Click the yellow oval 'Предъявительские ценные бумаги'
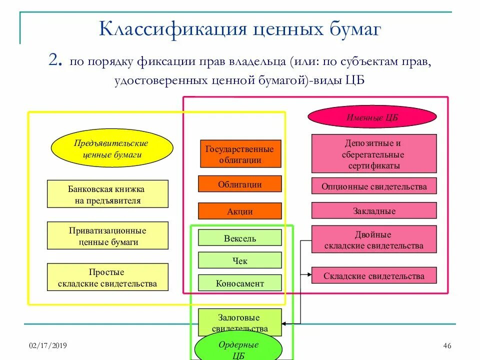pyautogui.click(x=112, y=149)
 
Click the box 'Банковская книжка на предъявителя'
pyautogui.click(x=107, y=194)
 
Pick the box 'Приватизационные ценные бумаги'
pyautogui.click(x=107, y=236)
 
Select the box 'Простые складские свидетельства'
pyautogui.click(x=107, y=277)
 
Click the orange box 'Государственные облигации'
pyautogui.click(x=240, y=154)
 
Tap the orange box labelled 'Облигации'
pyautogui.click(x=240, y=184)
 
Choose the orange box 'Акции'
pyautogui.click(x=240, y=211)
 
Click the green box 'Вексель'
pyautogui.click(x=240, y=238)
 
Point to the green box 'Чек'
pyautogui.click(x=240, y=260)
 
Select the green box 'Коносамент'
pyautogui.click(x=240, y=283)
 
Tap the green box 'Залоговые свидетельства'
pyautogui.click(x=240, y=322)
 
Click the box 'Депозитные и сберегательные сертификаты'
pyautogui.click(x=374, y=154)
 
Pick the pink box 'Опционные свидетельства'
pyautogui.click(x=374, y=186)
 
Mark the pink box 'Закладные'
pyautogui.click(x=374, y=210)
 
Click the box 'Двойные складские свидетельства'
pyautogui.click(x=374, y=239)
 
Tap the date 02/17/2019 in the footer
pyautogui.click(x=48, y=346)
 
